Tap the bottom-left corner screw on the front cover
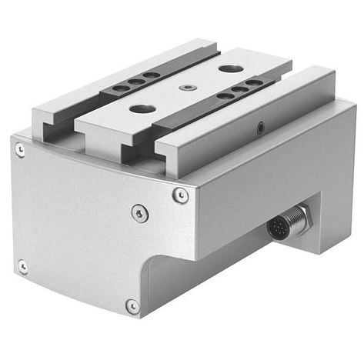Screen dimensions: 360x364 23,266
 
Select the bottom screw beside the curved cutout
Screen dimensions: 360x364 132,306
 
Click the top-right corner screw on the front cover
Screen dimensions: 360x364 180,195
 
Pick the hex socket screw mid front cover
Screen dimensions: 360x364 139,212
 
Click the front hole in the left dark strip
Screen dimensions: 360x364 121,88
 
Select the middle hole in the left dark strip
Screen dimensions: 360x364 136,82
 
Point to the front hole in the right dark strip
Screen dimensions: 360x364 223,95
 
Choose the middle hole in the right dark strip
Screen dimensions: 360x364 239,88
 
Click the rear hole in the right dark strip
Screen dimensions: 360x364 253,82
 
